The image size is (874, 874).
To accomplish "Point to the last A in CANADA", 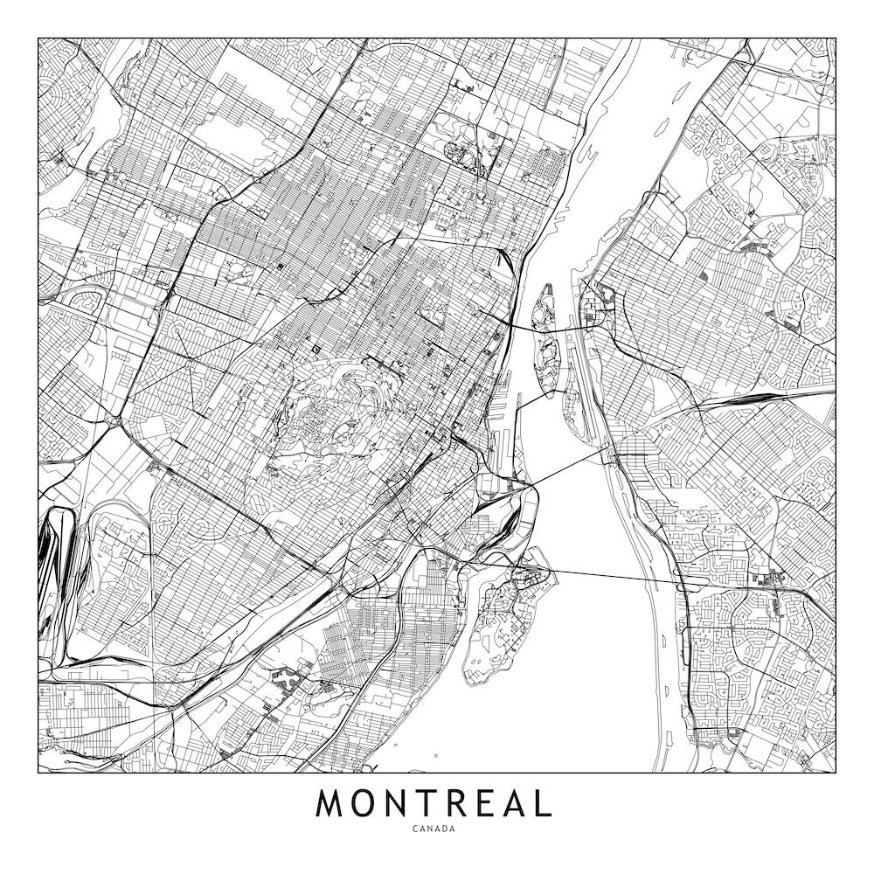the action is point(454,829).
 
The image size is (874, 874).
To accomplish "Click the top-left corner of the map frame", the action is point(38,38).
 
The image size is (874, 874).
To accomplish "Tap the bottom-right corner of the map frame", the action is point(836,773).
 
